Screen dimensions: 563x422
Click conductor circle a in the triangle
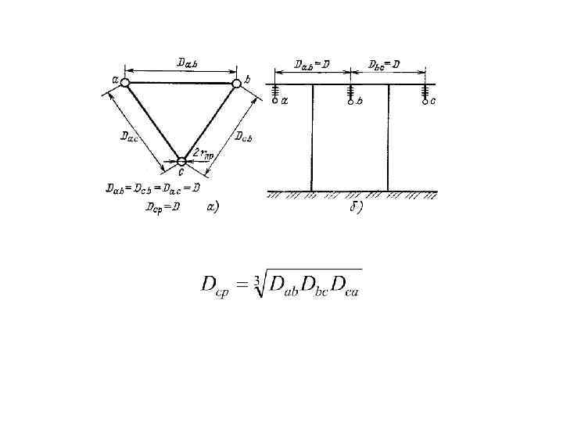(x=125, y=81)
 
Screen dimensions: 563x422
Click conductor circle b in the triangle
(x=236, y=83)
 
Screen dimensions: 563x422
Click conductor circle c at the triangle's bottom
(x=181, y=162)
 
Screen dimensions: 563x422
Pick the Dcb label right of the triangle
(x=248, y=136)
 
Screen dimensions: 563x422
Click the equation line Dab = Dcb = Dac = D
(x=153, y=188)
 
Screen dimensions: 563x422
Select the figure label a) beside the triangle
(x=212, y=207)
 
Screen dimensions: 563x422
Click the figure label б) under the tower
(x=353, y=211)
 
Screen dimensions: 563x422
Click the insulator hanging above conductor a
(x=275, y=92)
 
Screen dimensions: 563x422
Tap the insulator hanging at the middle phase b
(x=350, y=92)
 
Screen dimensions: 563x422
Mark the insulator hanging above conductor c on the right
(x=425, y=92)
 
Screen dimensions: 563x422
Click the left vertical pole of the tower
(x=312, y=137)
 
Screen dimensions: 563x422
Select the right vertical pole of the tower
(x=388, y=137)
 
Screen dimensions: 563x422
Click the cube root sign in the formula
(x=260, y=284)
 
